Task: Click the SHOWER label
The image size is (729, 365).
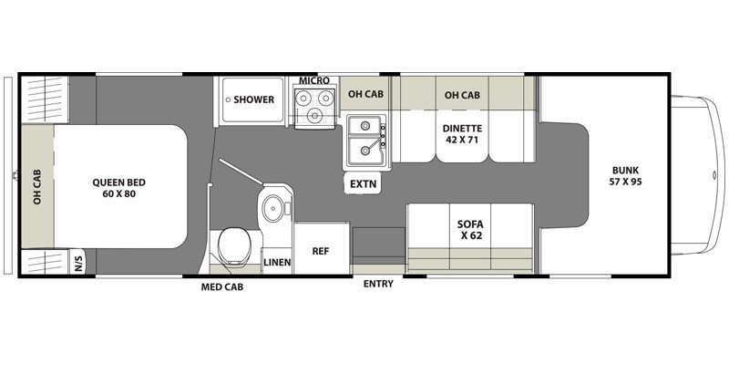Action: pyautogui.click(x=253, y=99)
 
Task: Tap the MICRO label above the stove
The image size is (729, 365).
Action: pyautogui.click(x=314, y=82)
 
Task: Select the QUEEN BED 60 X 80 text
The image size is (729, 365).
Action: pyautogui.click(x=119, y=188)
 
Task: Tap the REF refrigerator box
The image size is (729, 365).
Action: pyautogui.click(x=321, y=249)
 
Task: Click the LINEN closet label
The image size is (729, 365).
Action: pyautogui.click(x=277, y=262)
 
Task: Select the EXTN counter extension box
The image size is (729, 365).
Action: pyautogui.click(x=363, y=183)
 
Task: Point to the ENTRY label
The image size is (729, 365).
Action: pyautogui.click(x=378, y=284)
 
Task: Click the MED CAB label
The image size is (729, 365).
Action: pyautogui.click(x=222, y=287)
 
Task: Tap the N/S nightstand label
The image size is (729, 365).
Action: pyautogui.click(x=79, y=263)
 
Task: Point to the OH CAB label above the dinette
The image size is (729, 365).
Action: pyautogui.click(x=462, y=94)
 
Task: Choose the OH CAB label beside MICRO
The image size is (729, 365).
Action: pyautogui.click(x=364, y=94)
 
